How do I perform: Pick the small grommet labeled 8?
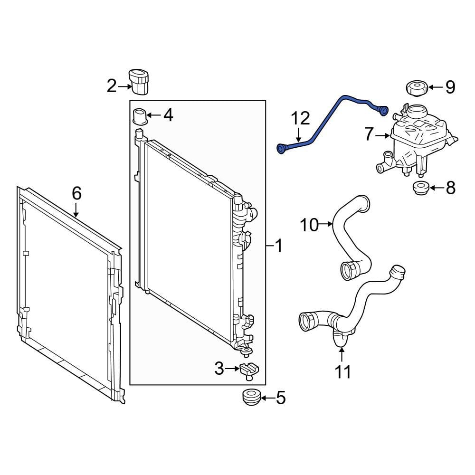coord(420,188)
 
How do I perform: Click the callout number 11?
coord(342,372)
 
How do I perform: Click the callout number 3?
coord(218,368)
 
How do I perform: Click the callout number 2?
coord(111,86)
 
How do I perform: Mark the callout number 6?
coord(76,193)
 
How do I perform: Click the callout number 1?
coord(278,246)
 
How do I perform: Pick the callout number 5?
coord(281,398)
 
